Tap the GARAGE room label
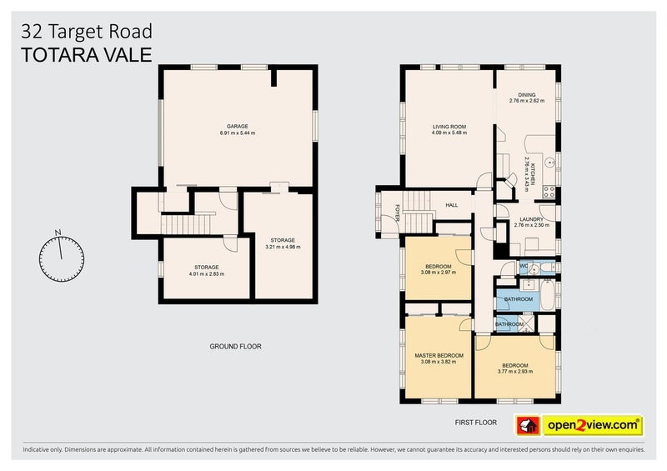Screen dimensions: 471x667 238,126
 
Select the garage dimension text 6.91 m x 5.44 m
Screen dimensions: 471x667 238,133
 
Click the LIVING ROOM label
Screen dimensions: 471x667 449,126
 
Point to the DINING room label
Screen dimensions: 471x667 527,95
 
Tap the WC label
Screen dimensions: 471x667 524,266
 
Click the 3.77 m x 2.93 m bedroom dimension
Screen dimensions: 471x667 514,372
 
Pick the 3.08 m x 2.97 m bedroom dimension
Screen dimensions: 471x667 438,273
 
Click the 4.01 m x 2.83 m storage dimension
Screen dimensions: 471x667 206,274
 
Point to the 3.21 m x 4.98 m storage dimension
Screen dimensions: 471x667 283,247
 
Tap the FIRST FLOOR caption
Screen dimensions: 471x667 476,423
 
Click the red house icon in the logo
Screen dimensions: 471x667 528,424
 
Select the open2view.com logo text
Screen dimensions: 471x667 593,424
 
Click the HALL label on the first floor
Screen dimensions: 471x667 452,204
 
